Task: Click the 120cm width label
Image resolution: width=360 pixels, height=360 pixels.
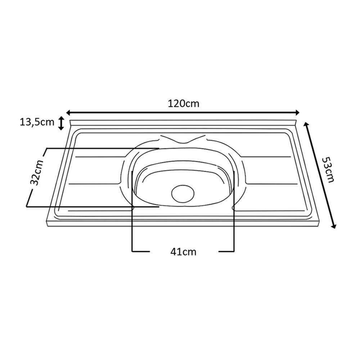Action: click(x=183, y=104)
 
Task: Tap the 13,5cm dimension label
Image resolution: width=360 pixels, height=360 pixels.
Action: click(x=37, y=122)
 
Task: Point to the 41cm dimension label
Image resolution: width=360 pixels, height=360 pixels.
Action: click(x=184, y=252)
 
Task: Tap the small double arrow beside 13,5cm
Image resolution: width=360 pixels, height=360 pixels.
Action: click(x=61, y=123)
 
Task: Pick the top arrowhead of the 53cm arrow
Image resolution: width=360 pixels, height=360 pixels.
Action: click(x=306, y=125)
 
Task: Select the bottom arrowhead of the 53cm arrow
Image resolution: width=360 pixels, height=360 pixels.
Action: click(x=334, y=226)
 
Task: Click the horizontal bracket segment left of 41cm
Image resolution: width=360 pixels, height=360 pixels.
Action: click(x=140, y=251)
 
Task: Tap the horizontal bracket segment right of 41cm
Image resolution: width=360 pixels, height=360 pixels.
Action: click(x=227, y=251)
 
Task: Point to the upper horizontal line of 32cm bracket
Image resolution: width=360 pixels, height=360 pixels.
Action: click(x=101, y=148)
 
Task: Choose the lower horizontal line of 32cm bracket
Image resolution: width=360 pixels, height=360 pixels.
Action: click(x=90, y=207)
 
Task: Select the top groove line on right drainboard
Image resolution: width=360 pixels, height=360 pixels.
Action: click(x=266, y=157)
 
